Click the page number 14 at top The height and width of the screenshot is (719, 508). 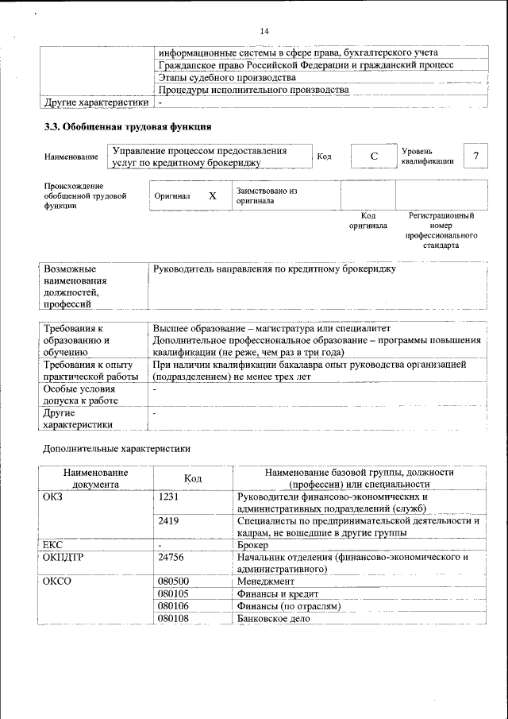264,31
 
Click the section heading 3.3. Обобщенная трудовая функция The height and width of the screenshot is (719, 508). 127,126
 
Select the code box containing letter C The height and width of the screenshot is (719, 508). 373,157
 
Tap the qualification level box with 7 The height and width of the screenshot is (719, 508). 475,156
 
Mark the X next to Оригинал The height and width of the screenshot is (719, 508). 212,195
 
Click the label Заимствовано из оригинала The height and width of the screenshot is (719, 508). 266,195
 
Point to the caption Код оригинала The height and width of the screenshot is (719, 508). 368,220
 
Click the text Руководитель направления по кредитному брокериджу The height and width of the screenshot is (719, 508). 274,269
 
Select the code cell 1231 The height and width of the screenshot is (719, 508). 169,497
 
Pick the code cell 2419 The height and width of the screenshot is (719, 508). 169,521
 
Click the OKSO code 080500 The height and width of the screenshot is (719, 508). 174,582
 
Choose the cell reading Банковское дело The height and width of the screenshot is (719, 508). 273,619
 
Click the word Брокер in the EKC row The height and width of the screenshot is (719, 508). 252,546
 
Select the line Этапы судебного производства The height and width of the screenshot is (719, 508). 227,77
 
